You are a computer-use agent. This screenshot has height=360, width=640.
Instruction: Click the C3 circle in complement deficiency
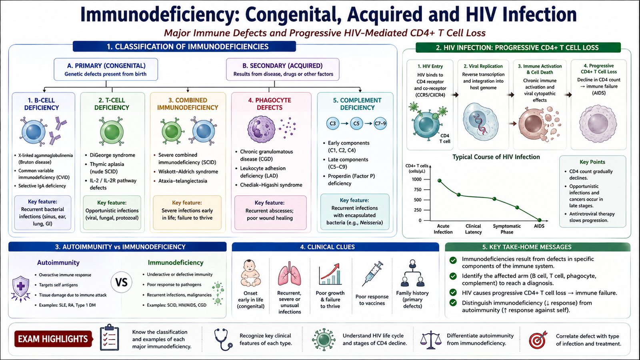[332, 124]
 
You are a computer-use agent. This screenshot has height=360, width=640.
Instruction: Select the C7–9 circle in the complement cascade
[380, 124]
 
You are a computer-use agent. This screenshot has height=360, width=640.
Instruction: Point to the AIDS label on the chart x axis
[539, 226]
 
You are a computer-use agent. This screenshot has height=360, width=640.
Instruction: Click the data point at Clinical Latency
[459, 194]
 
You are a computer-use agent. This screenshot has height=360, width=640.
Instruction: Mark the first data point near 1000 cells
[440, 180]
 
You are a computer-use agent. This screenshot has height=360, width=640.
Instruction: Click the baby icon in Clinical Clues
[250, 273]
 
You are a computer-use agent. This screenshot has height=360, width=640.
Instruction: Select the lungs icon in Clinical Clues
[290, 274]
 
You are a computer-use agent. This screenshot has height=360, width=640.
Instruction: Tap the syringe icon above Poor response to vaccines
[372, 274]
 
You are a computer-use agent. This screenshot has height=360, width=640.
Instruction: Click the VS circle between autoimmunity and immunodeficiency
[122, 282]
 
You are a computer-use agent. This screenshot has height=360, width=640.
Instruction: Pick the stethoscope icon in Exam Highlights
[223, 340]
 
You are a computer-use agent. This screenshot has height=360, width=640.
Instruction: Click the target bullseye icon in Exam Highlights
[538, 340]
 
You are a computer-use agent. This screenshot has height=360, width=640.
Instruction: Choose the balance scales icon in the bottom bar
[430, 340]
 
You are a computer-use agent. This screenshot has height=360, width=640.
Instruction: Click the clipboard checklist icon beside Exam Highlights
[110, 338]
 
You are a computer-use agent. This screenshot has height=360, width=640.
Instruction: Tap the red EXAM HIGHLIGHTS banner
[54, 339]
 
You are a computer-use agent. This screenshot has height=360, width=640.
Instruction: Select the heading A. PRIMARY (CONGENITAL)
[106, 66]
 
